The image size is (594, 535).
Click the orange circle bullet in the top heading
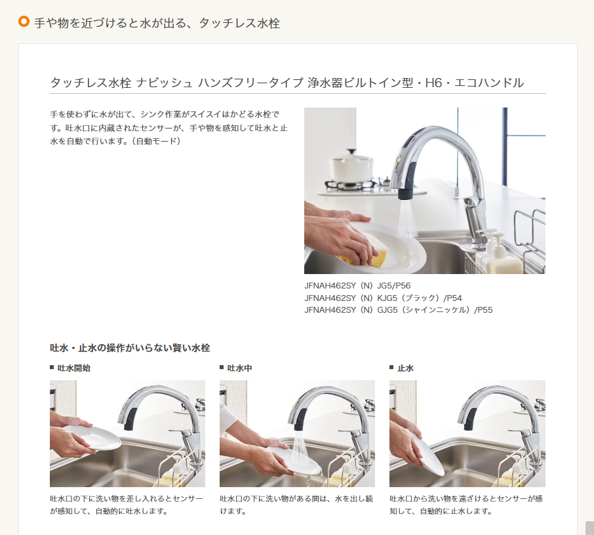[24, 22]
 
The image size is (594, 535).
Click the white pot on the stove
[352, 166]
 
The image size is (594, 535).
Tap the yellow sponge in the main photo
[368, 254]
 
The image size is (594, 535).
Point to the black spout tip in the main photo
[406, 194]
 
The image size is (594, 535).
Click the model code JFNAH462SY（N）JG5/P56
[357, 286]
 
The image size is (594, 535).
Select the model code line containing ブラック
[383, 298]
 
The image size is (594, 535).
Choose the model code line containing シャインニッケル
[398, 310]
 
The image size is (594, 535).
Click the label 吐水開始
[74, 368]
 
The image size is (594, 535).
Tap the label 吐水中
[239, 368]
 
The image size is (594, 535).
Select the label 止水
[405, 368]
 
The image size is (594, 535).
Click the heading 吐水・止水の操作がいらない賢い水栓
[130, 348]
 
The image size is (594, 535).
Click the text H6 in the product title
[433, 83]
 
